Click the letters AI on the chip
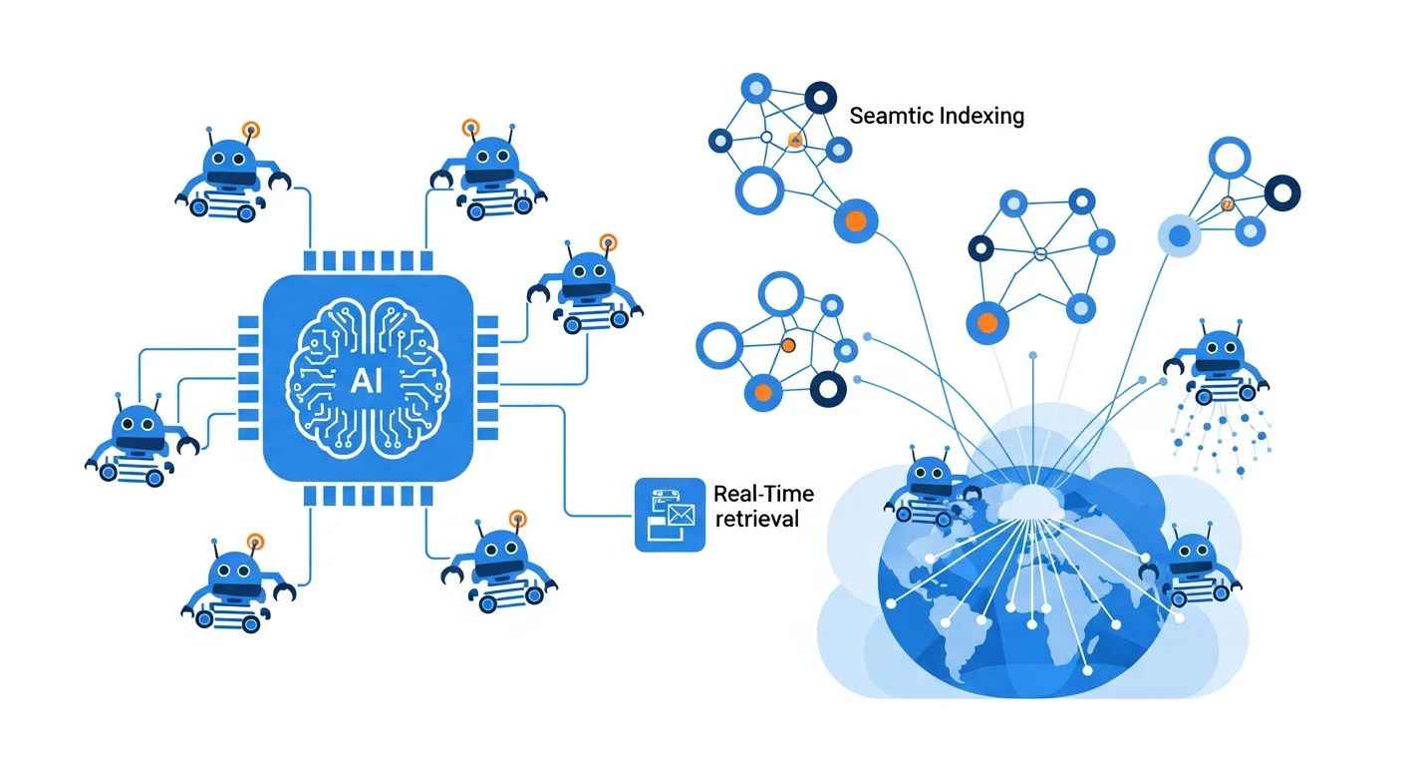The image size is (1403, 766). [x=367, y=380]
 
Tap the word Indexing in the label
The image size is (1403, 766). [x=981, y=116]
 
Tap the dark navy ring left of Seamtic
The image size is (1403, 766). [x=819, y=98]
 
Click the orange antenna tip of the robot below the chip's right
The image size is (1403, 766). [x=516, y=518]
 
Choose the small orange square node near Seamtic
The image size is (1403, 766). [x=795, y=141]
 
